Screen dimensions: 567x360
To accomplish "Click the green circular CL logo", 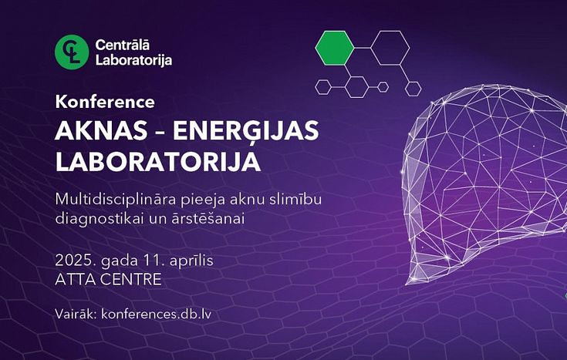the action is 72,52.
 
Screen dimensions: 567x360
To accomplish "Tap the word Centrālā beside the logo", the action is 122,45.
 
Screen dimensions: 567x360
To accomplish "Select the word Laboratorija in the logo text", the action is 133,60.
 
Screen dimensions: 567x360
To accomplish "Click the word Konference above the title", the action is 105,102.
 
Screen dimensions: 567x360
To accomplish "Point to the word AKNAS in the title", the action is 101,130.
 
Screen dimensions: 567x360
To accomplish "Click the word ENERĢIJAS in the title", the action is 245,132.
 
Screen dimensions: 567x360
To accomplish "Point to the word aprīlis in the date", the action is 191,261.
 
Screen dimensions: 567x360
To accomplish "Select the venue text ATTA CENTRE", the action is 108,279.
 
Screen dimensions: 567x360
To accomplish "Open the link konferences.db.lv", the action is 156,314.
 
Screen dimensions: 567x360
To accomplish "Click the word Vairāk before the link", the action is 76,314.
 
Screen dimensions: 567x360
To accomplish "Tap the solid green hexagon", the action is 335,48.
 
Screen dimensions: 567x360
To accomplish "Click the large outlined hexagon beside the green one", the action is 390,48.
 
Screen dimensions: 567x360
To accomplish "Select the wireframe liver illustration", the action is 484,184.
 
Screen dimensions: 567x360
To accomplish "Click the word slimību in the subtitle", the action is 295,199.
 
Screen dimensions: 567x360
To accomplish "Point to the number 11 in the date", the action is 152,261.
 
